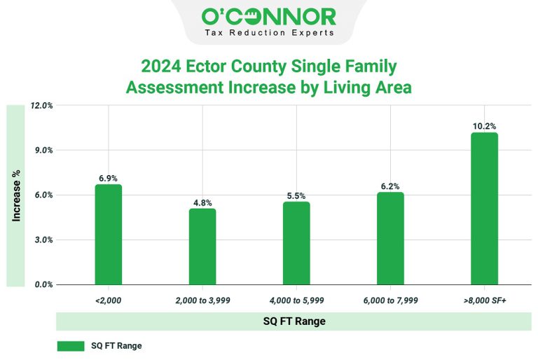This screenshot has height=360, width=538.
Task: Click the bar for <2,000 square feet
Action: coord(109,235)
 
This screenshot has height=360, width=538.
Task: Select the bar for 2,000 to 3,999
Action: coord(202,247)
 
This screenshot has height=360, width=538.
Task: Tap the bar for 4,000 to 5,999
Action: coord(296,243)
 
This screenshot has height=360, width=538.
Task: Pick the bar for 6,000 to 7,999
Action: coord(390,238)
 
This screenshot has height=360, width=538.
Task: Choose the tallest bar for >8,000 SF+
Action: coord(484,209)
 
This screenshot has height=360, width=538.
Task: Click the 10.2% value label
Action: coord(484,126)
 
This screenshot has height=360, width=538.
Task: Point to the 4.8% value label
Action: coord(202,203)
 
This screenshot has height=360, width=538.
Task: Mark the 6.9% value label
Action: coord(109,179)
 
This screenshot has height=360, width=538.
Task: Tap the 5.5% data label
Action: coord(296,196)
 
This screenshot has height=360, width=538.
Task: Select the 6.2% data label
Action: coord(390,186)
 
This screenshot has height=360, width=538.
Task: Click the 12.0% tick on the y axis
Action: coord(42,106)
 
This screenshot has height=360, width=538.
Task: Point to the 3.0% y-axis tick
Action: coord(43,240)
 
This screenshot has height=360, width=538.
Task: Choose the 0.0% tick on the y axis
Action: coord(43,285)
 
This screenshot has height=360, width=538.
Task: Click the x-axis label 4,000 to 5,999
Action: coord(296,300)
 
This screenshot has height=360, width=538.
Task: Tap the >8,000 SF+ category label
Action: coord(484,300)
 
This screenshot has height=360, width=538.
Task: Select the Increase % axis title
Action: coord(16,196)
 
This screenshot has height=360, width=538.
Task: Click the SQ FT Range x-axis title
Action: coord(294,321)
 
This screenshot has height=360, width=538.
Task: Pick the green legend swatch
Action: coord(70,346)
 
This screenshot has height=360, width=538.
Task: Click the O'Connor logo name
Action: coord(269,16)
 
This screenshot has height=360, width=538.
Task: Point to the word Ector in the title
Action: coord(205,67)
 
